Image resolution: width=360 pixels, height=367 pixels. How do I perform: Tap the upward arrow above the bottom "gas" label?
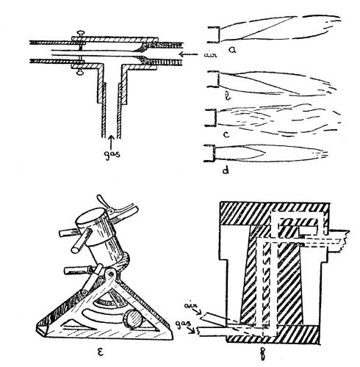tap(111, 138)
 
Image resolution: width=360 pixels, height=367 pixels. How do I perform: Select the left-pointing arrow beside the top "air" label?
tap(176, 54)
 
